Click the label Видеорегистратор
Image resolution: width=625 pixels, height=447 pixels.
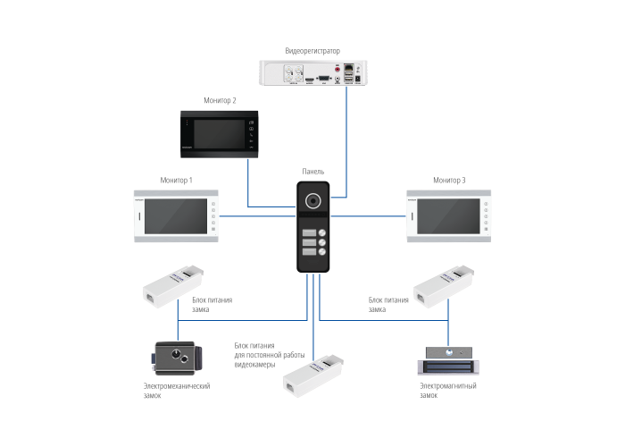(x=312, y=52)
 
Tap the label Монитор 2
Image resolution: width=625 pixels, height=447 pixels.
(x=221, y=101)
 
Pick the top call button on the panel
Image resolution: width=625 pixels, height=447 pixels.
(x=312, y=234)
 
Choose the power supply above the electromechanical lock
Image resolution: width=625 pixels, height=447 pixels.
(x=174, y=285)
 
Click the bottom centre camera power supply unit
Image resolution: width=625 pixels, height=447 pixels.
(x=312, y=375)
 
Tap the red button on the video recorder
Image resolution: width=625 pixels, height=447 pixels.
(x=337, y=68)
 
